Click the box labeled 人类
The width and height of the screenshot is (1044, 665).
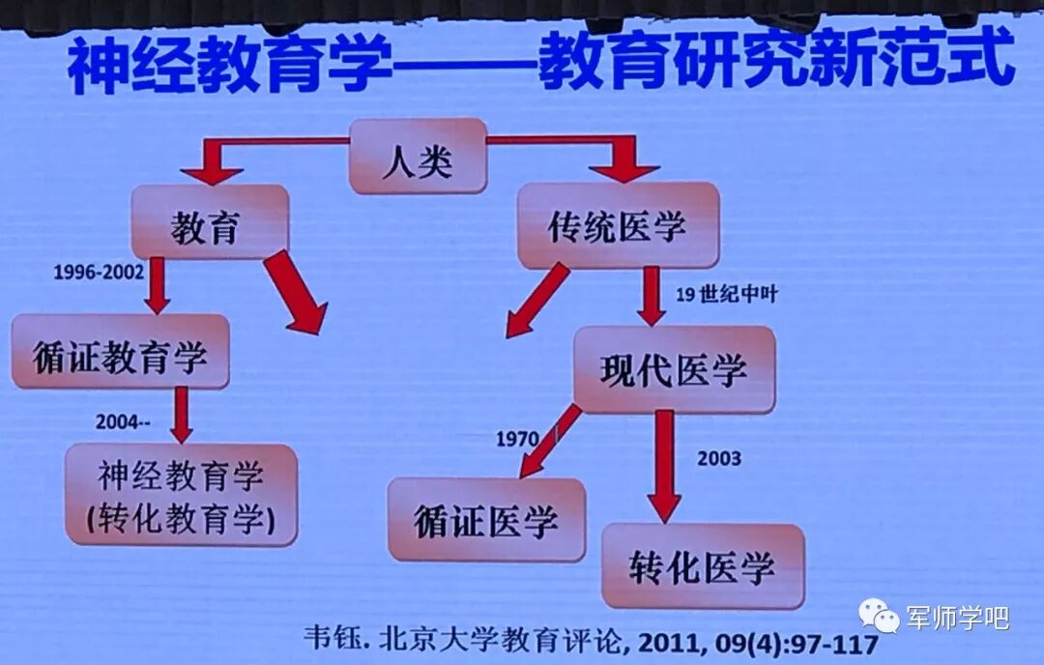417,157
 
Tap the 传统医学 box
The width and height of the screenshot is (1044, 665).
618,225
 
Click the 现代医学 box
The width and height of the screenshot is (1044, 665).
674,368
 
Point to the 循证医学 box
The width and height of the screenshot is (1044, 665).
486,519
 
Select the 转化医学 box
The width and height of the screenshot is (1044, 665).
703,565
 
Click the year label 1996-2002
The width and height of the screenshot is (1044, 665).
99,274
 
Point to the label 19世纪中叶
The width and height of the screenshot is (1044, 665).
725,296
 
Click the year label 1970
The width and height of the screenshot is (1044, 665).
516,439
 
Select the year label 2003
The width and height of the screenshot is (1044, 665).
719,457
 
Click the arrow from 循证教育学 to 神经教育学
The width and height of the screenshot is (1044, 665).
180,416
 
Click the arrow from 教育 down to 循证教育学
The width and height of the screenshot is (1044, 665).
158,285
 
